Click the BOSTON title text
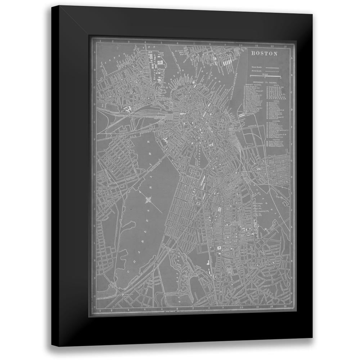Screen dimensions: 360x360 point(264,54)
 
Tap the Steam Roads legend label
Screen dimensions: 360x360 point(256,67)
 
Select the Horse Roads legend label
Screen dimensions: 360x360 point(256,71)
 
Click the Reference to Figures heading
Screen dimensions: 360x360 point(265,82)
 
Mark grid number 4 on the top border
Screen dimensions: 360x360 point(145,45)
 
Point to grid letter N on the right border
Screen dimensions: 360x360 point(292,288)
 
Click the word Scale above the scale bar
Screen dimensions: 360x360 point(265,74)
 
